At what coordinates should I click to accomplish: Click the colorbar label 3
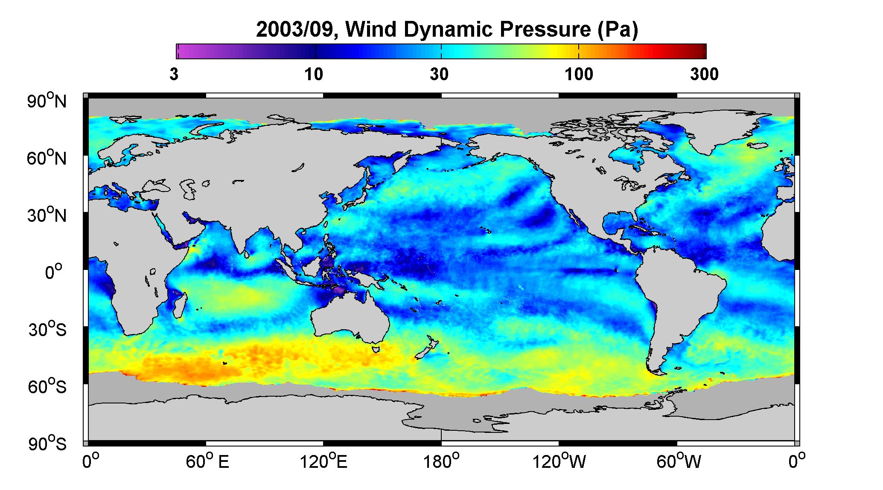[174, 75]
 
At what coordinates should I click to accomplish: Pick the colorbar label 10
[314, 75]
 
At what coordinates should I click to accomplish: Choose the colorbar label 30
[439, 75]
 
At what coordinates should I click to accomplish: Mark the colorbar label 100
[579, 75]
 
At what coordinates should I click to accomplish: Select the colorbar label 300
[704, 75]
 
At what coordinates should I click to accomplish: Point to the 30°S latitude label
[48, 329]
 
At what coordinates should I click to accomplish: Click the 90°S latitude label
[48, 444]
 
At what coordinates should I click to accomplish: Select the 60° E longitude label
[207, 462]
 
